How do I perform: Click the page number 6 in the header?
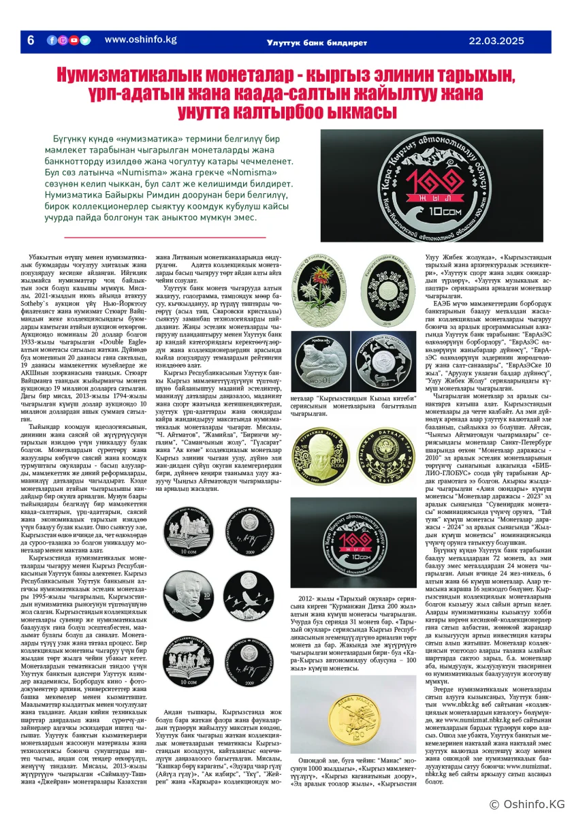click(30, 40)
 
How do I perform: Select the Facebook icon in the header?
click(52, 40)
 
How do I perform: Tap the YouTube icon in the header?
click(74, 40)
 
